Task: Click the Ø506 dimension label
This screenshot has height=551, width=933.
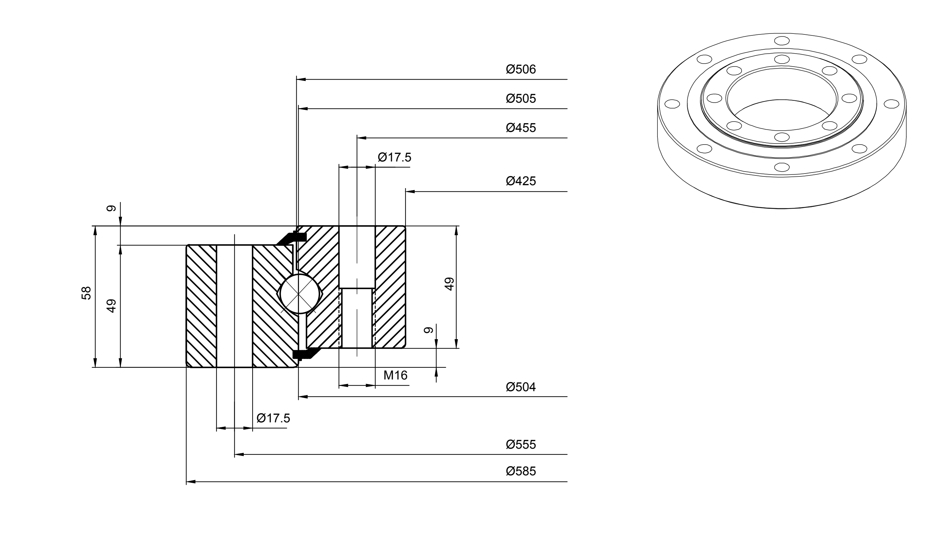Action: coord(521,70)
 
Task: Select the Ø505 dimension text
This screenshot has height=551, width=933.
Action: coord(521,99)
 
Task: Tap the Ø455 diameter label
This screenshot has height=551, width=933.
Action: coord(521,128)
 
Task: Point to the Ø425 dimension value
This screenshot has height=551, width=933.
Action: coord(521,181)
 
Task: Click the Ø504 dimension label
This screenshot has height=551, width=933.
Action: coord(521,387)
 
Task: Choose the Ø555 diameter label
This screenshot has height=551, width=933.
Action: coord(521,445)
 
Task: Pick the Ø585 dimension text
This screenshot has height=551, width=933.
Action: coord(521,471)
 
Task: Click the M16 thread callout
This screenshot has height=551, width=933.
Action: coord(395,376)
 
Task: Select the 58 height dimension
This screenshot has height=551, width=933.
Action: coord(86,293)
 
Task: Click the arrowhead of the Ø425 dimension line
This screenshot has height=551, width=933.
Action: coord(410,192)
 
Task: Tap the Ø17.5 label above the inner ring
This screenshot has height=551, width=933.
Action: coord(395,158)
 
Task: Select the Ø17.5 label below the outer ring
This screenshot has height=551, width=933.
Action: coord(273,418)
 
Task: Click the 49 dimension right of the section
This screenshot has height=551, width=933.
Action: coord(449,284)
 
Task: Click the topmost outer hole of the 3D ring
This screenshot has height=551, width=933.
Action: coord(782,41)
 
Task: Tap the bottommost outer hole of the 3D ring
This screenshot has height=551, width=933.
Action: coord(782,167)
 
